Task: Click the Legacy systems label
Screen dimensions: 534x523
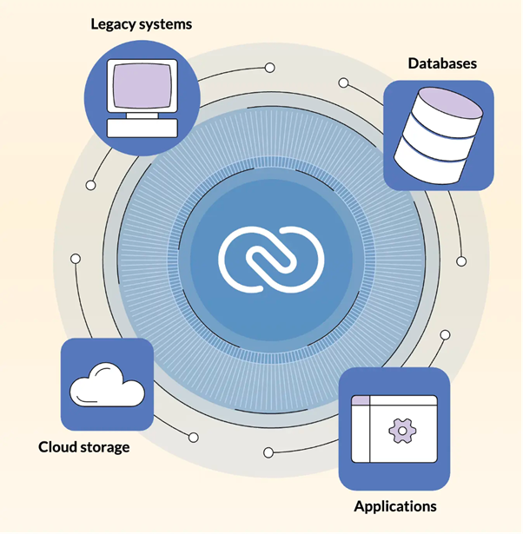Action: pos(142,24)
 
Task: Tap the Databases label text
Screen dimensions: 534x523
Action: pos(442,63)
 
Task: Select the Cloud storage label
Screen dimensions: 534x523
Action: pos(84,447)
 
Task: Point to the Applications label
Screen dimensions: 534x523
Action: pos(394,505)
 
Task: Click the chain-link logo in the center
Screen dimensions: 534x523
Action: pos(270,255)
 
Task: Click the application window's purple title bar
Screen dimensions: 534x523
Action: pos(393,402)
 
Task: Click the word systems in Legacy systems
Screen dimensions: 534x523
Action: pos(163,24)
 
